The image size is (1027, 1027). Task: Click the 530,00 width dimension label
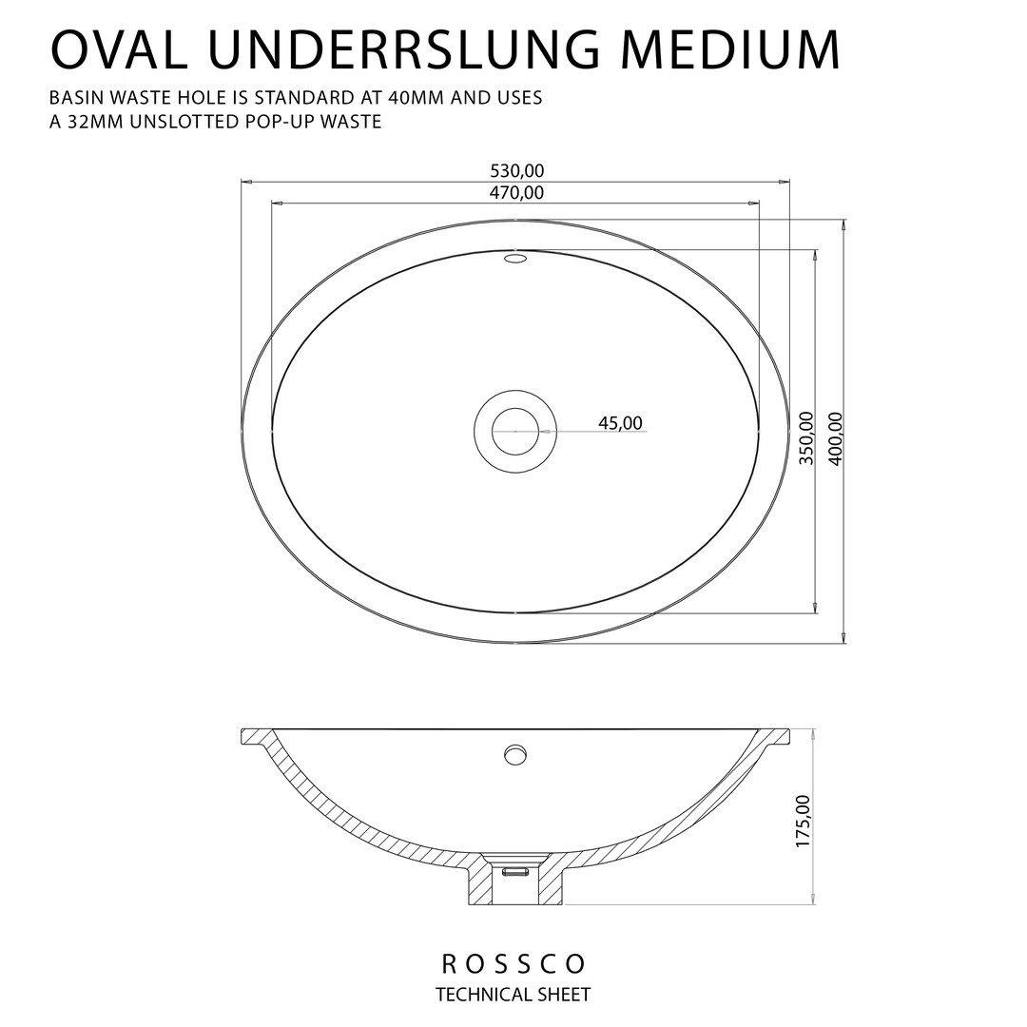516,171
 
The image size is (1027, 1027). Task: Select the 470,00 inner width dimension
516,193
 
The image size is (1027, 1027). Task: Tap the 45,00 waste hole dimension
620,423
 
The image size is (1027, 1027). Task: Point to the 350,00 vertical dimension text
806,437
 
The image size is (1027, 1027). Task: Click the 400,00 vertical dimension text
836,438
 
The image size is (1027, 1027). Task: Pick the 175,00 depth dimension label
803,821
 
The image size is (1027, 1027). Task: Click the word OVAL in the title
119,49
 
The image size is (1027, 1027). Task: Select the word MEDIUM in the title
730,49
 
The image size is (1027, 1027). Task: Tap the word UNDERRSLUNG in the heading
404,49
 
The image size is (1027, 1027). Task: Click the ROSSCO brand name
513,963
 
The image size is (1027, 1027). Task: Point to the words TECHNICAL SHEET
513,995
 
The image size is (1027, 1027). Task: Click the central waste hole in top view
515,431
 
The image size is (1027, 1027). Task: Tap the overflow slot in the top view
515,259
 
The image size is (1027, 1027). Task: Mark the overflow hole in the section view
515,754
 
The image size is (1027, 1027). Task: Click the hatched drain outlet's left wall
481,880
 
